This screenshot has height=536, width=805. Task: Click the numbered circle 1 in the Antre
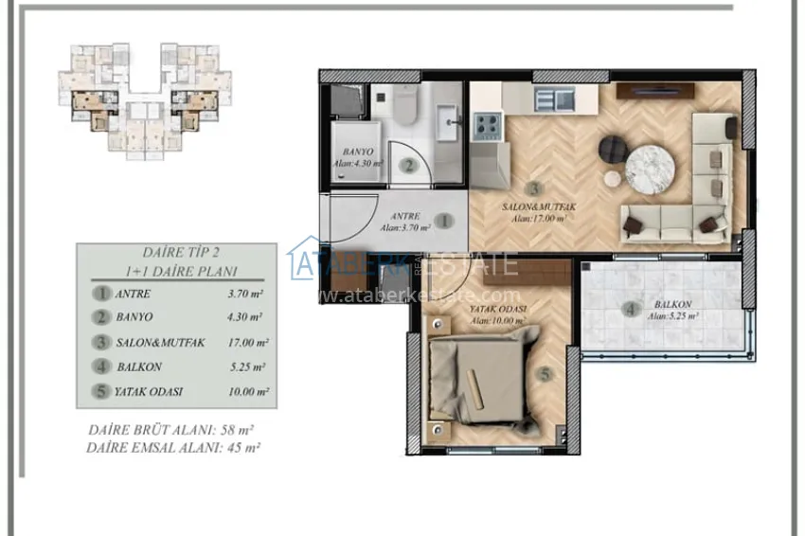(444, 222)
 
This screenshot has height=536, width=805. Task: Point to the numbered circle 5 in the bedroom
(544, 374)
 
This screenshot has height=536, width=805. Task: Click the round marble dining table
(650, 166)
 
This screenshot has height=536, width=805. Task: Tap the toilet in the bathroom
(404, 106)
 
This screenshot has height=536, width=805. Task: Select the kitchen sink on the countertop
(552, 97)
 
